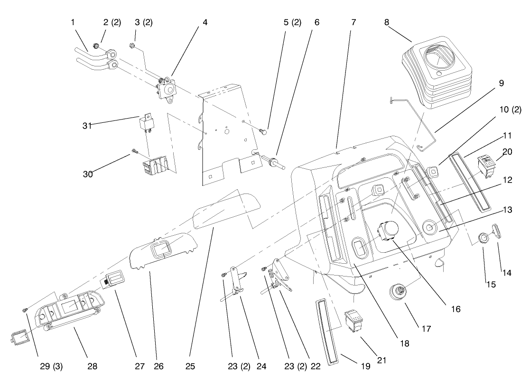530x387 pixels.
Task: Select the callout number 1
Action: [x=73, y=22]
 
